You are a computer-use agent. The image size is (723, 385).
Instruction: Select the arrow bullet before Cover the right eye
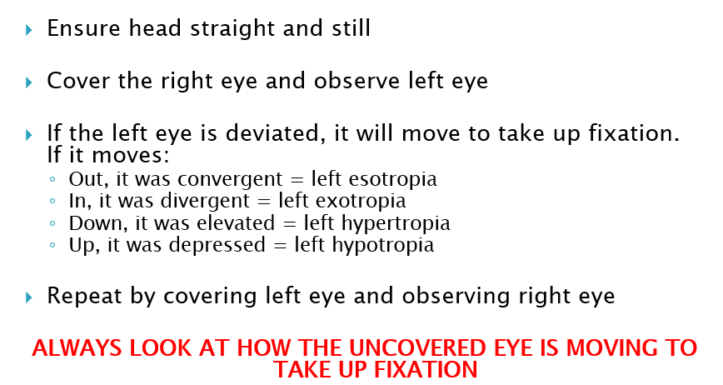click(30, 82)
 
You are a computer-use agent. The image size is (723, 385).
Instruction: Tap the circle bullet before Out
click(52, 179)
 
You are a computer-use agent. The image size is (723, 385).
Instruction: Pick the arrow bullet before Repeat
click(30, 296)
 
